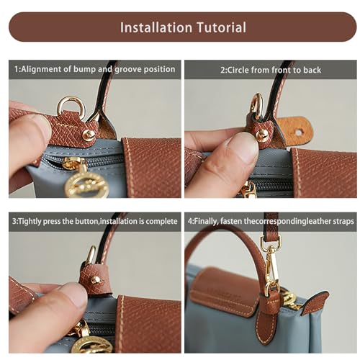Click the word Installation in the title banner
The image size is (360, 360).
point(154,27)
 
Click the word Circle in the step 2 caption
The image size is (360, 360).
point(241,70)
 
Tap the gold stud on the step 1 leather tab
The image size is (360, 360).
point(89,134)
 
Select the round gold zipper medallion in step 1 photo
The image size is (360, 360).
point(86,185)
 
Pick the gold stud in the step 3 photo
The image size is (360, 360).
point(96,280)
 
